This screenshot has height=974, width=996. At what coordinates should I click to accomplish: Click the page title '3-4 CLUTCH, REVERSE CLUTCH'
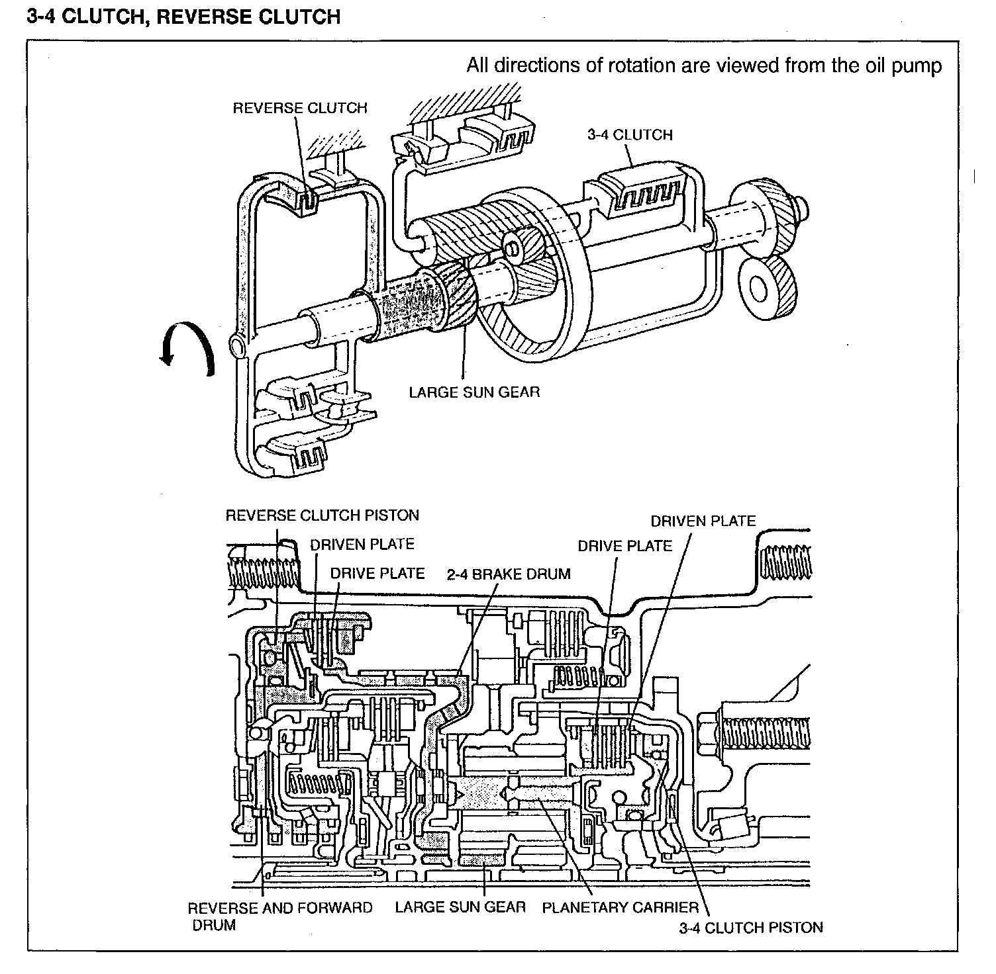(183, 16)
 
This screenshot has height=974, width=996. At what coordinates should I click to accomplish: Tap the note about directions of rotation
(704, 66)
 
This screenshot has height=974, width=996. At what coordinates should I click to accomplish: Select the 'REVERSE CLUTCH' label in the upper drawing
(300, 108)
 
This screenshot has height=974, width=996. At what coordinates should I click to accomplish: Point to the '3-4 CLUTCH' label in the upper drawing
(630, 135)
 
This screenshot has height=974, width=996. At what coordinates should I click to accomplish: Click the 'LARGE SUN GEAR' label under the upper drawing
(474, 392)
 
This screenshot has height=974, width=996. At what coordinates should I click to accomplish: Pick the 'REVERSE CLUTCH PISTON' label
(323, 515)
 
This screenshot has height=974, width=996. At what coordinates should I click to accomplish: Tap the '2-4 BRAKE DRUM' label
(509, 574)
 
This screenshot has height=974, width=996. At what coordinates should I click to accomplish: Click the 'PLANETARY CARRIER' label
(621, 908)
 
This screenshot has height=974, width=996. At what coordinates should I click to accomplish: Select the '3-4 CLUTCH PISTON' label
(751, 928)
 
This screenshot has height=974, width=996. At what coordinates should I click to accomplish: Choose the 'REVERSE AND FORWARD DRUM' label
(280, 916)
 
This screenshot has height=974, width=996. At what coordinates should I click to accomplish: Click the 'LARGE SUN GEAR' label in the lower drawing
(460, 907)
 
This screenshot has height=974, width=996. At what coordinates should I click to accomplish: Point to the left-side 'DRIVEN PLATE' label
(362, 545)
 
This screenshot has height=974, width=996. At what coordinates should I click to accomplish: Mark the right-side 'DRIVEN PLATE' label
(703, 521)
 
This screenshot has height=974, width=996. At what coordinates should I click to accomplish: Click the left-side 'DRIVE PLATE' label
(377, 573)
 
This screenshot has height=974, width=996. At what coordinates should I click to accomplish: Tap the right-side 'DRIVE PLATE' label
(625, 546)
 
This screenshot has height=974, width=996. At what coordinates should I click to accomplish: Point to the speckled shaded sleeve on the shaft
(405, 304)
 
